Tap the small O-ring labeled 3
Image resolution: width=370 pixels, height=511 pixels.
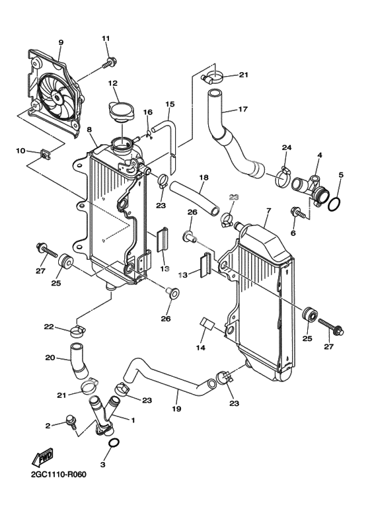114,443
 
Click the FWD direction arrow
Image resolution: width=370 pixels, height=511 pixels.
42,458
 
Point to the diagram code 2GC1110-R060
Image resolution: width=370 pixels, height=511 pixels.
59,483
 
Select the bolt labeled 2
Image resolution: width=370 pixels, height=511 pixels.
71,422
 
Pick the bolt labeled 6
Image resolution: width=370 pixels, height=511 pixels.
298,212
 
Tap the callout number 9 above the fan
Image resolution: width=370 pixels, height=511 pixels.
61,42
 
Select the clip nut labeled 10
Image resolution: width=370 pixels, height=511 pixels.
44,153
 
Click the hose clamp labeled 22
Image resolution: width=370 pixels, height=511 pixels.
78,331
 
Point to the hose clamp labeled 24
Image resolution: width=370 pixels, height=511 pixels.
282,177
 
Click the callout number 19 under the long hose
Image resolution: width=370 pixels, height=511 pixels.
176,409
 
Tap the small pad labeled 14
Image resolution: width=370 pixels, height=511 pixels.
206,324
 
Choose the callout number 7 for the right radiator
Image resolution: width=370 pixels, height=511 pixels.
268,210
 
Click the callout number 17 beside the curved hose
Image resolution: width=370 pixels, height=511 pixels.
243,109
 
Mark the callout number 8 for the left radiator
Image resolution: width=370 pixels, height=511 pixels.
90,130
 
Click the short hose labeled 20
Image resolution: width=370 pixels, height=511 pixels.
79,361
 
